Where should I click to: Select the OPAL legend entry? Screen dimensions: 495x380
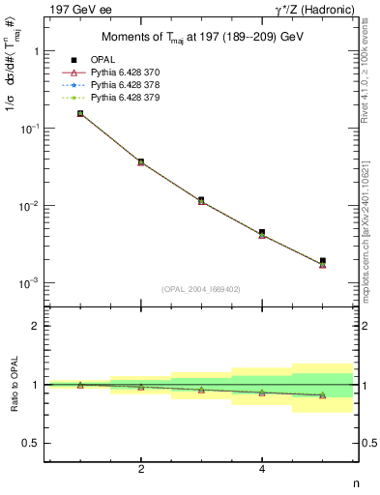[103, 61]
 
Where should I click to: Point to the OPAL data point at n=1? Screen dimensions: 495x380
[80, 113]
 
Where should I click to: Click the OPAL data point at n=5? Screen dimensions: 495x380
[322, 261]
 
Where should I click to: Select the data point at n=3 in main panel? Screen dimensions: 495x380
[201, 200]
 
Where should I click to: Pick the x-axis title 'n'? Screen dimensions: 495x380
[355, 483]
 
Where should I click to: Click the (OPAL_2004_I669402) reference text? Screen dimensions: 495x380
[201, 289]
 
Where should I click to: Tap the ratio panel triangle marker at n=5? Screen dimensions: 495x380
[322, 394]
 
